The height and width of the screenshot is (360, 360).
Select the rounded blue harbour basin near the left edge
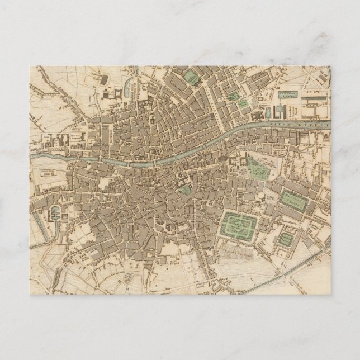[54, 213]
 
